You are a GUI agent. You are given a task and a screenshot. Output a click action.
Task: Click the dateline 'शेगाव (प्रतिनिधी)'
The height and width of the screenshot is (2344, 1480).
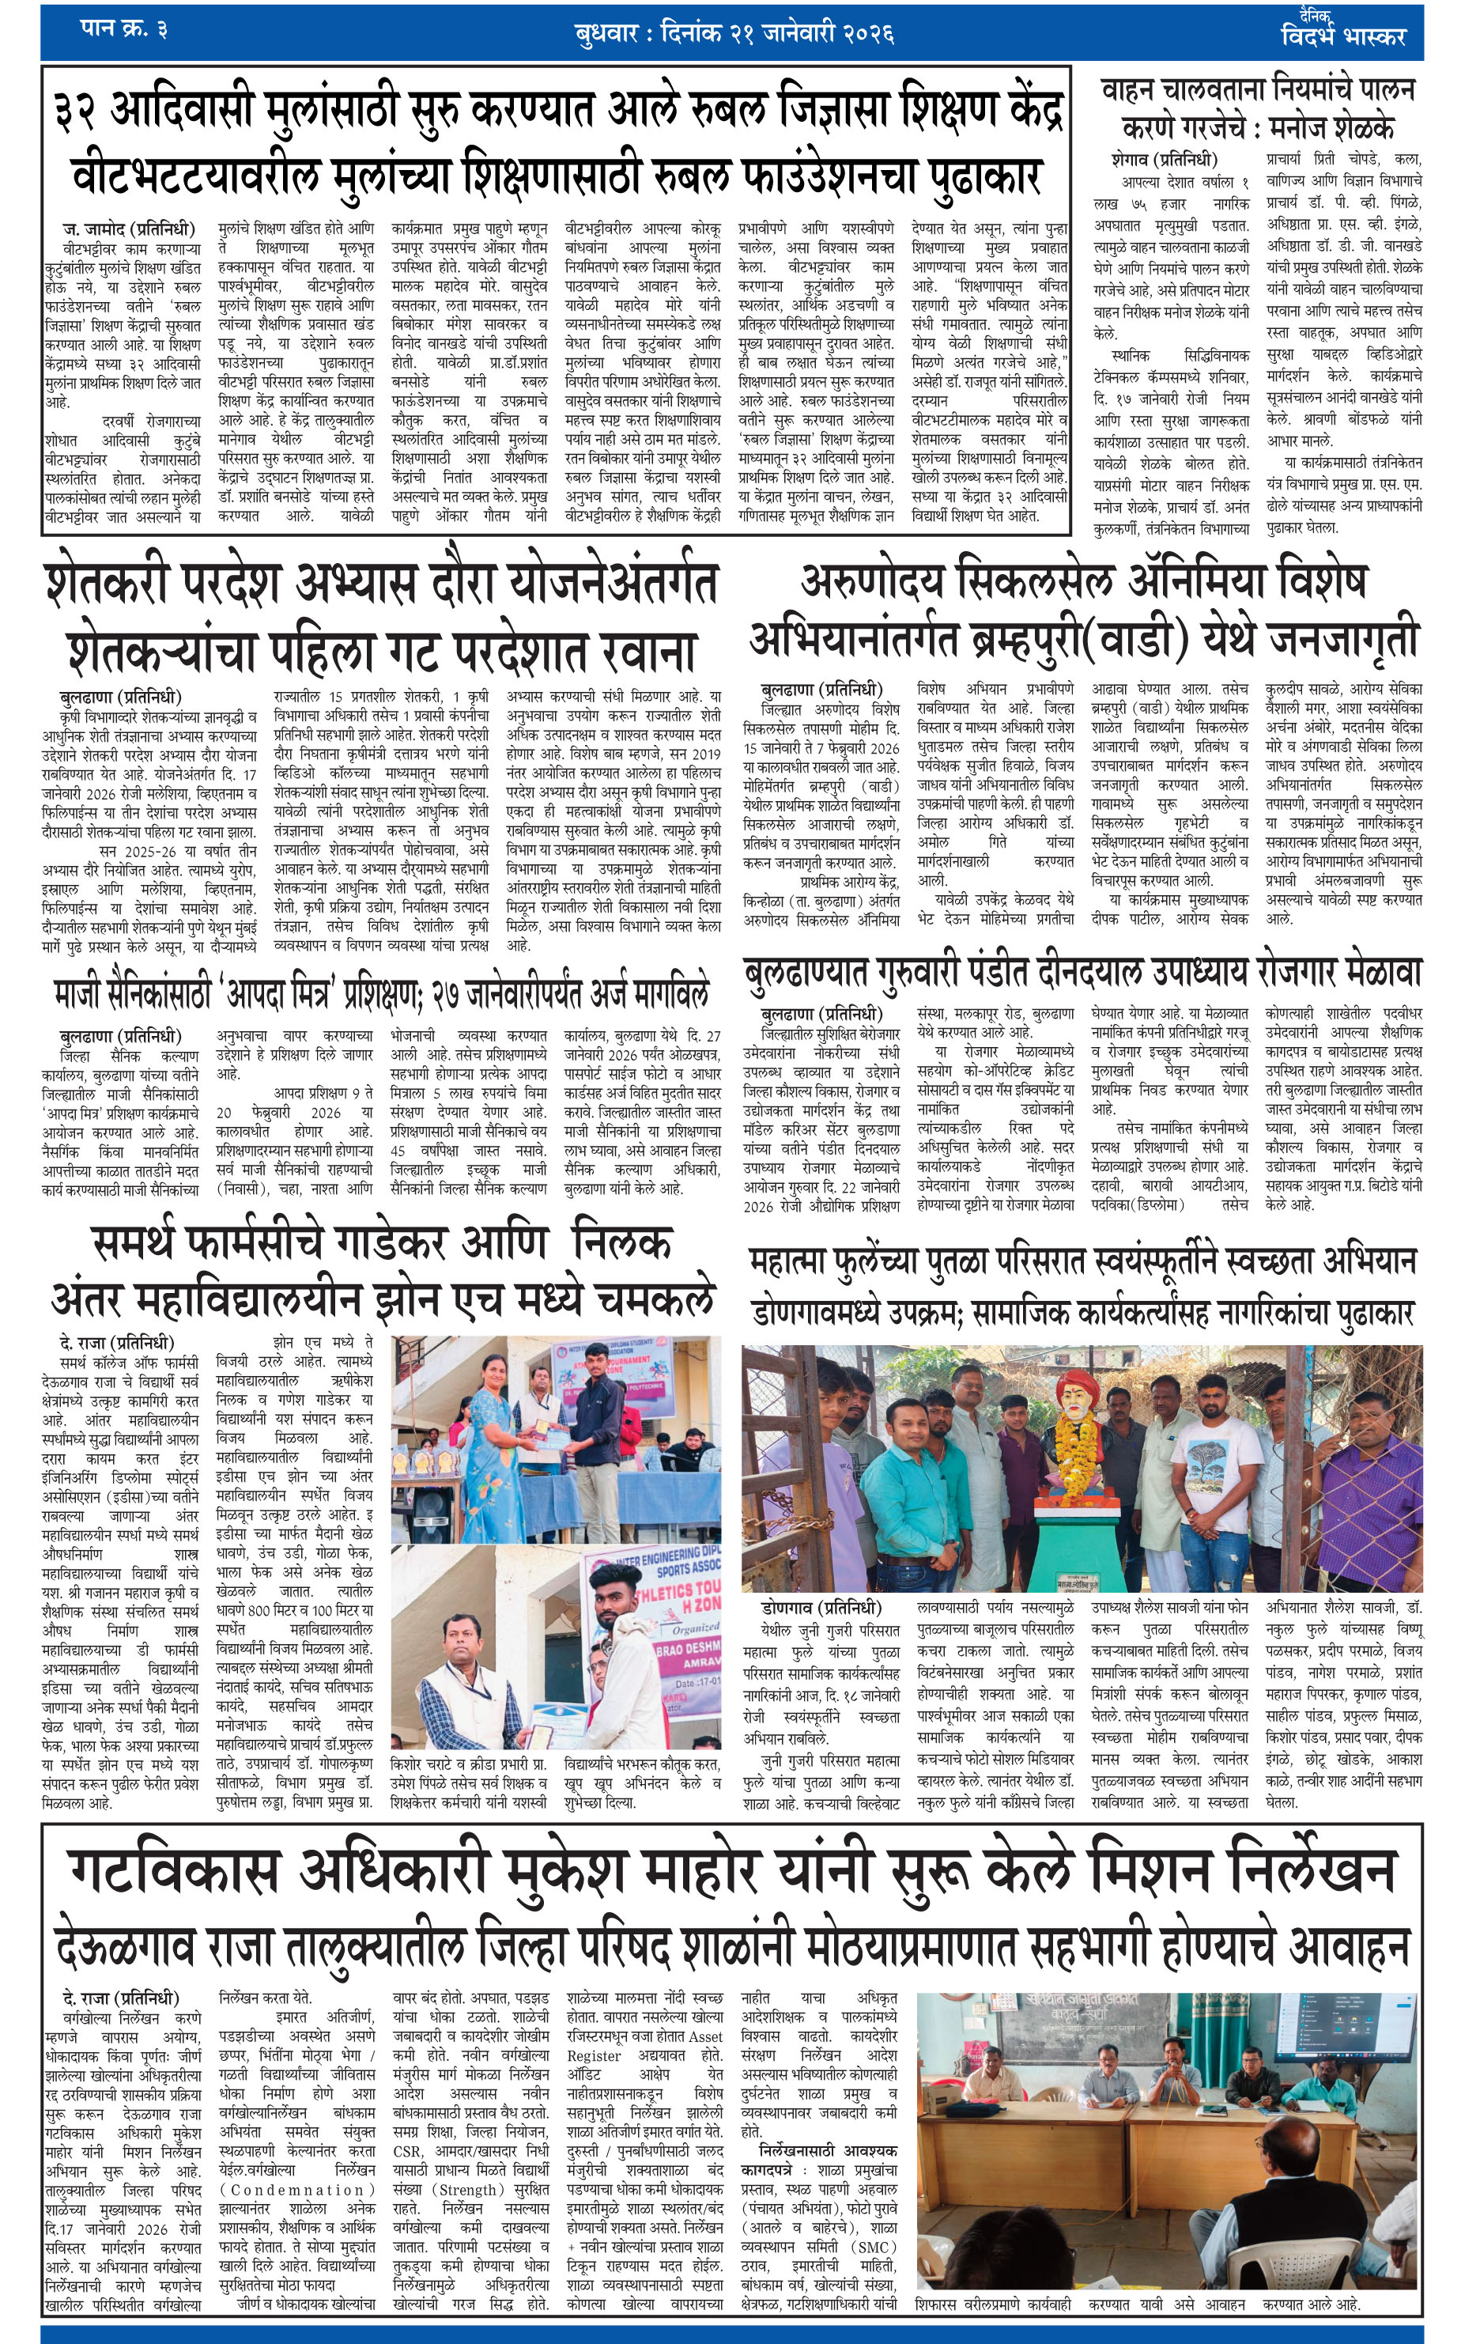(x=1164, y=157)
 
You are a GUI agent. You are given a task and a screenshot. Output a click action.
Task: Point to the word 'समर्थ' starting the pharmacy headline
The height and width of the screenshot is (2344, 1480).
(x=150, y=1245)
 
